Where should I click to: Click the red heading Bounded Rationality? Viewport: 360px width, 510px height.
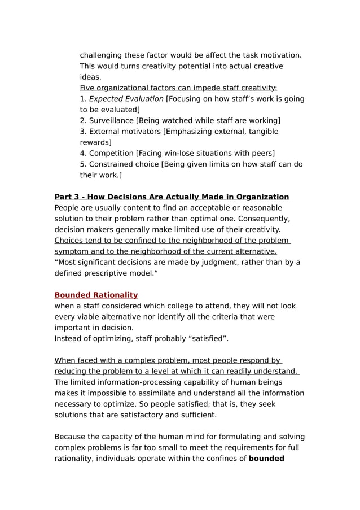(x=96, y=295)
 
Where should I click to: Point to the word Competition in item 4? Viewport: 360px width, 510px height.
(x=111, y=153)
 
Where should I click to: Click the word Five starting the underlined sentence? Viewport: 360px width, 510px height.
(x=88, y=88)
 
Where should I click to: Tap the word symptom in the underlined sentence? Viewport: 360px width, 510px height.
(x=71, y=251)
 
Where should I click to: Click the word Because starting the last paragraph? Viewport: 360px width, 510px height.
(x=72, y=436)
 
